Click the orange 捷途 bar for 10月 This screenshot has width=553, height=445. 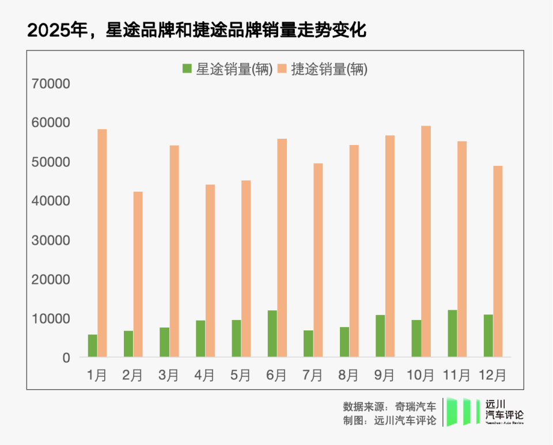pos(426,242)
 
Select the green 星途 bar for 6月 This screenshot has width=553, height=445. pos(272,334)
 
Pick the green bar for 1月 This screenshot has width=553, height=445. pos(92,345)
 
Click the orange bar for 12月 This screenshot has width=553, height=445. pos(498,261)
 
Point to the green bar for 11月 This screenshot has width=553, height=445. pos(452,334)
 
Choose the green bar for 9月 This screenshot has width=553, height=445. pos(380,336)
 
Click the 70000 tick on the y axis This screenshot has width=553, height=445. pos(51,84)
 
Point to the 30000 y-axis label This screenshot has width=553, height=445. pos(51,241)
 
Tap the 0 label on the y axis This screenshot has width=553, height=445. pos(66,357)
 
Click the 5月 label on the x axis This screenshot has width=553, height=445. pos(241,375)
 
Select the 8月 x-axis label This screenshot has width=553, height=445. pos(349,375)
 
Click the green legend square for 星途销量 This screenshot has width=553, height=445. pos(187,69)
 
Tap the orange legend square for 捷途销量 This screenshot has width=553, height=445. pos(282,69)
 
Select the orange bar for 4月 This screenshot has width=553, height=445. pos(210,271)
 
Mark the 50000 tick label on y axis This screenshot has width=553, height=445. pos(51,162)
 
